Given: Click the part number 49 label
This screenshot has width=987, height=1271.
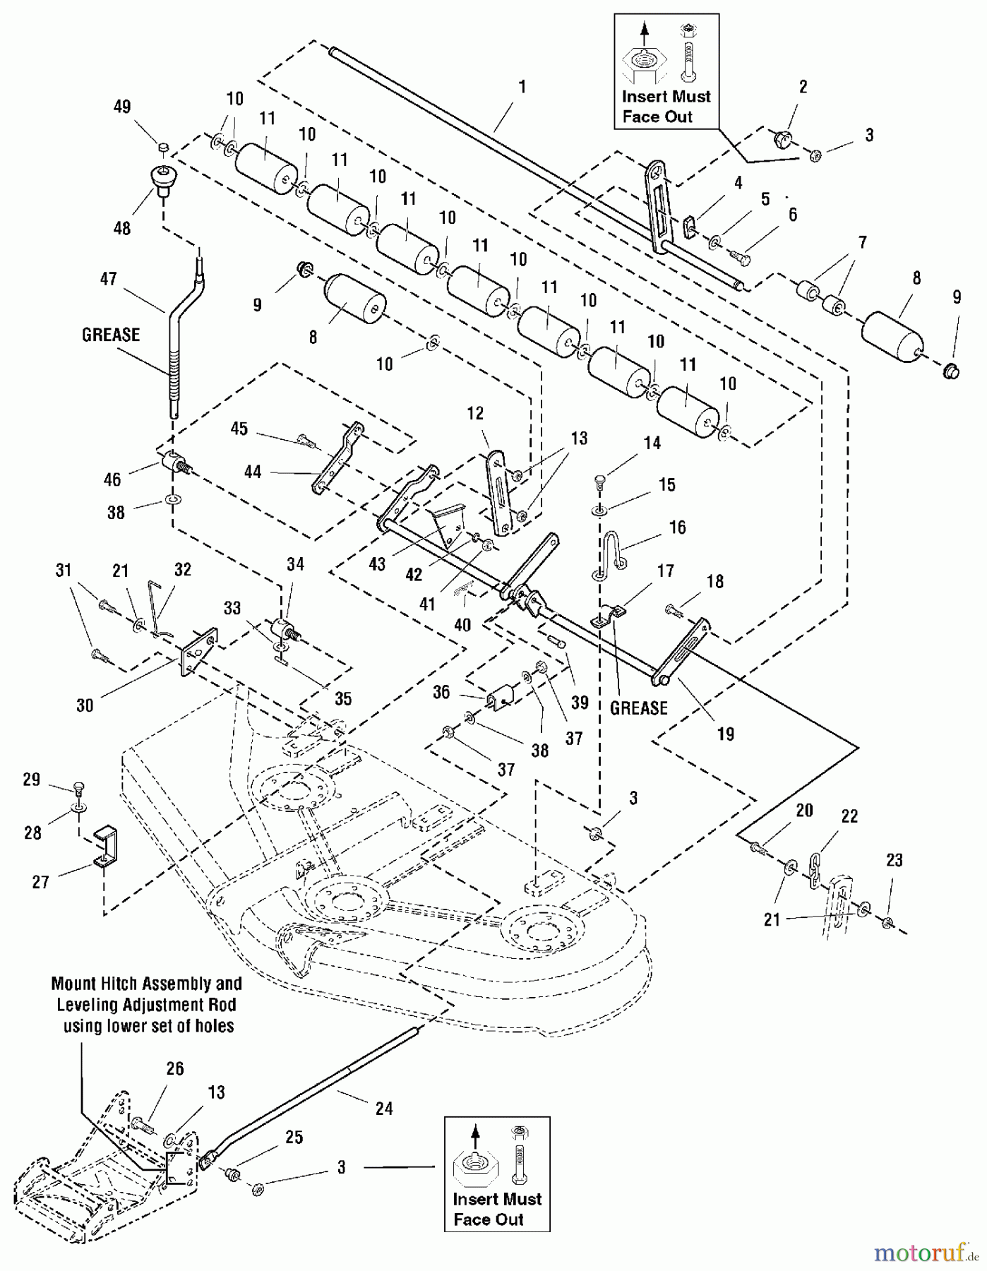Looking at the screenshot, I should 122,107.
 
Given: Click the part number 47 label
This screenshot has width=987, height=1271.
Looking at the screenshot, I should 108,279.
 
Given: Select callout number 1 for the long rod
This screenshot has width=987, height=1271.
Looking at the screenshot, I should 522,87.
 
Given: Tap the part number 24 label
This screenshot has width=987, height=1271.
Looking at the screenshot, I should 384,1108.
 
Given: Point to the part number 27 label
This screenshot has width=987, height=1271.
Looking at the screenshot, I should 41,882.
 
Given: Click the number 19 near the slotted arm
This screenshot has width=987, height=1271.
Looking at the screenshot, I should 726,734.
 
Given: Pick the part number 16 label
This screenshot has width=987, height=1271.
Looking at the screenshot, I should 677,527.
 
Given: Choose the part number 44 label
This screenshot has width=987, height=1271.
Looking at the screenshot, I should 252,472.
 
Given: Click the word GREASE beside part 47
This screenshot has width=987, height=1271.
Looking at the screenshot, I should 111,335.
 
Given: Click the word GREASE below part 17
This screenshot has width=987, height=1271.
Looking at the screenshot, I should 638,708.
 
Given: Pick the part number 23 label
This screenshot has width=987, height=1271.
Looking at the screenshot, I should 894,860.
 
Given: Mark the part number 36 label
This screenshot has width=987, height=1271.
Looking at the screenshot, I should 441,692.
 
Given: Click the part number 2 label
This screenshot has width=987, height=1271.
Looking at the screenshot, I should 803,87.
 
